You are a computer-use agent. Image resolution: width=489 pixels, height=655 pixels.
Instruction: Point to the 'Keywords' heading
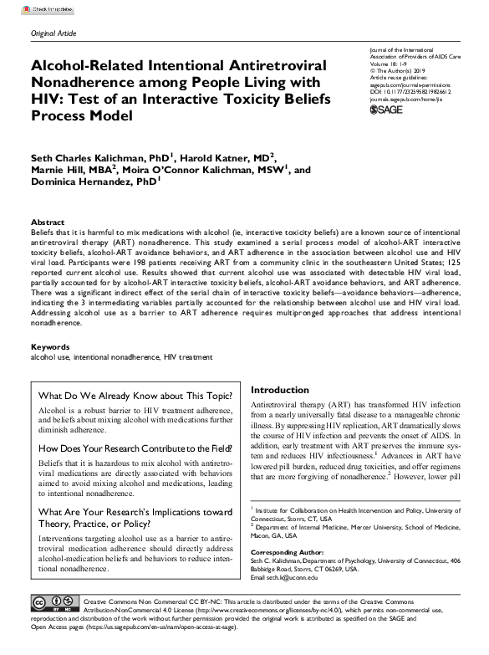tap(51, 346)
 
